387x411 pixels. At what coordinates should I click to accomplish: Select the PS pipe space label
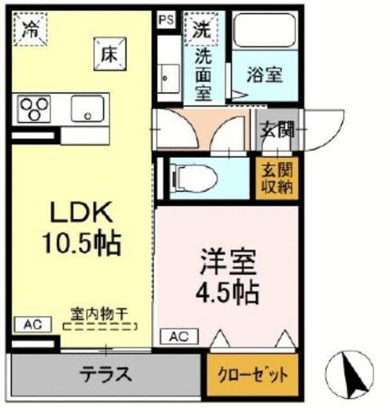click(166, 19)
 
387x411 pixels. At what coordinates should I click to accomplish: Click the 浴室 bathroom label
click(264, 74)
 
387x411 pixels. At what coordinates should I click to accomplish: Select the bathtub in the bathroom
click(263, 30)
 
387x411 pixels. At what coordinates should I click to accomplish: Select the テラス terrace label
click(106, 372)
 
